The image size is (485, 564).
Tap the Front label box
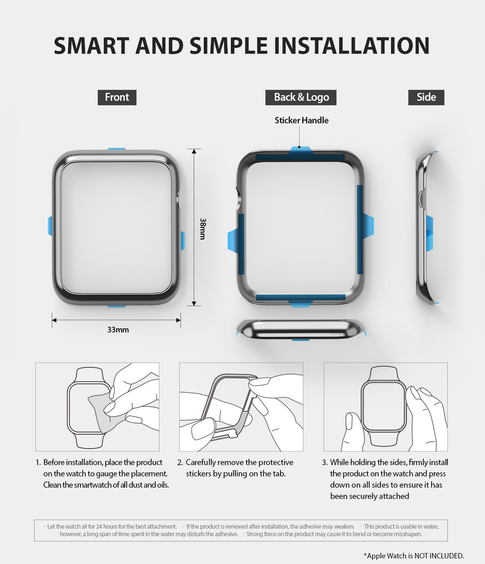point(117,97)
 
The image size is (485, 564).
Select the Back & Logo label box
point(301,97)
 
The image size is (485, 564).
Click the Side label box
point(426,97)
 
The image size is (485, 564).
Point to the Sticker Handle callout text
point(302,120)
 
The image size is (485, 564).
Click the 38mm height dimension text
point(203,229)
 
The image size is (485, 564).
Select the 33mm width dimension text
point(118,330)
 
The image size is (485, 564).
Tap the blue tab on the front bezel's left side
point(50,226)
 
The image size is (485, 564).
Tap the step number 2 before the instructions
point(180,462)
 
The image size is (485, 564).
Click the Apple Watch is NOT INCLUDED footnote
point(414,556)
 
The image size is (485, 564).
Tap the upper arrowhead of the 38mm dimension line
point(194,151)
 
